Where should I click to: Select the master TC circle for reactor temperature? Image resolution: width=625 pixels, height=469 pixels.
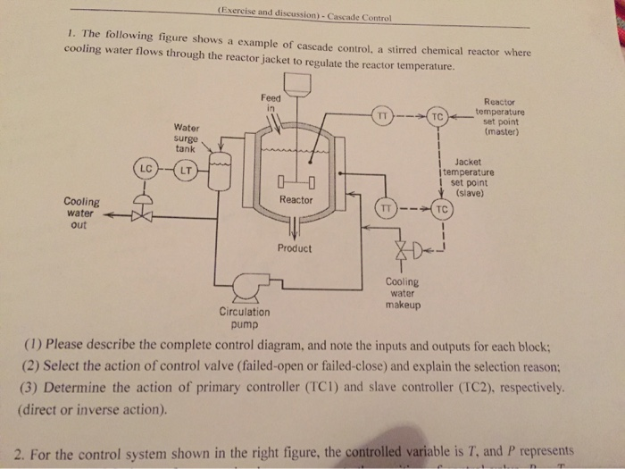point(437,117)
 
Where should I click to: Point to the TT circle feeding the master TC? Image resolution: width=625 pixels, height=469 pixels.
point(382,115)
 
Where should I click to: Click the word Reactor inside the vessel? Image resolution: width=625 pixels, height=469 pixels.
point(296,200)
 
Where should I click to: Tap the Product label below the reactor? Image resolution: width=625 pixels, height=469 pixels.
point(295,248)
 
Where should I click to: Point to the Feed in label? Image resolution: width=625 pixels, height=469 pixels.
point(270,102)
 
